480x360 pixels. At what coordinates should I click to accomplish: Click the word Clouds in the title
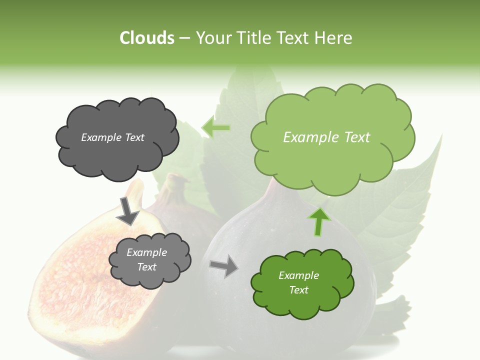pyautogui.click(x=146, y=38)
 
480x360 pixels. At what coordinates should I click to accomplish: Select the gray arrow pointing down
pyautogui.click(x=127, y=210)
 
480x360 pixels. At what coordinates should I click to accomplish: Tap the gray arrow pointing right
pyautogui.click(x=224, y=265)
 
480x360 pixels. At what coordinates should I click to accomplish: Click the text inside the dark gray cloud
pyautogui.click(x=112, y=137)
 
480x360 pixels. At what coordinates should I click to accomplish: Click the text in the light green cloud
pyautogui.click(x=326, y=137)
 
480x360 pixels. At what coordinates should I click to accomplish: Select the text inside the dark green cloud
pyautogui.click(x=298, y=282)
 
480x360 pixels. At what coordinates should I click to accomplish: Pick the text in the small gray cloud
pyautogui.click(x=146, y=260)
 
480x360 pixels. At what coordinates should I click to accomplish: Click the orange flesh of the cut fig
pyautogui.click(x=75, y=280)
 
